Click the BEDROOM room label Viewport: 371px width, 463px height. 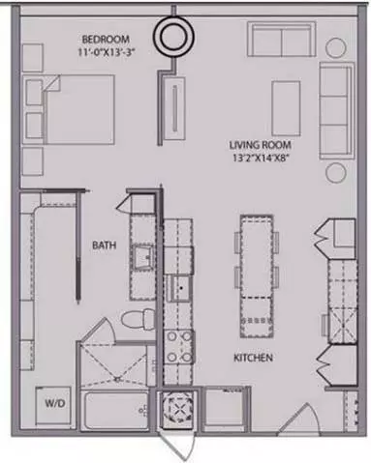[106, 40]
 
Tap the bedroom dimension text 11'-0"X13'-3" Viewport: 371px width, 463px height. [106, 52]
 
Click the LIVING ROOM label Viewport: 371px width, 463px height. [261, 145]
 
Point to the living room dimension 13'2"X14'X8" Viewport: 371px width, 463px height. [261, 158]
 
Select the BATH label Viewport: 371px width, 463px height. [104, 246]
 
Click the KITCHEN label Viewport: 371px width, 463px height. [253, 358]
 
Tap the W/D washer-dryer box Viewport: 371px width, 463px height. [53, 405]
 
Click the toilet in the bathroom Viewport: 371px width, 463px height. [139, 319]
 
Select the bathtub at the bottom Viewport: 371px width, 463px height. [115, 410]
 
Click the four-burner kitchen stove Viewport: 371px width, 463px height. [178, 347]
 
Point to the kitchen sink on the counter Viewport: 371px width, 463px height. [180, 288]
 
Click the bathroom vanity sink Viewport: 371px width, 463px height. [143, 257]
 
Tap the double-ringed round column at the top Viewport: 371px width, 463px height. [173, 37]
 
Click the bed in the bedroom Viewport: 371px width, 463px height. [78, 109]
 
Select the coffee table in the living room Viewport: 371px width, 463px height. [286, 108]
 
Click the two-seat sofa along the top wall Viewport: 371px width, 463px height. [282, 40]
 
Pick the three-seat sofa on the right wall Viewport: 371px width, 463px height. [337, 111]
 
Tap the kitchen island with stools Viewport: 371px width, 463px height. [257, 276]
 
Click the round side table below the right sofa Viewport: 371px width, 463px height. [336, 173]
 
